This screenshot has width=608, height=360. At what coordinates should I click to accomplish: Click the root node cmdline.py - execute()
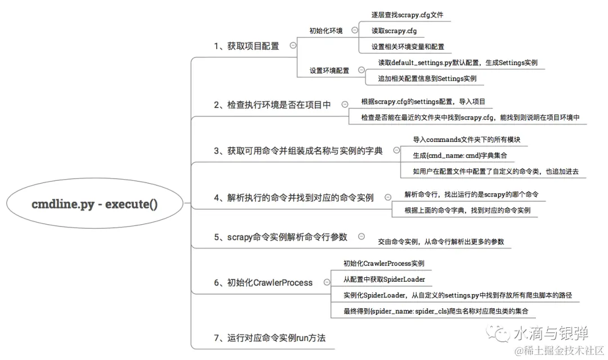pyautogui.click(x=95, y=204)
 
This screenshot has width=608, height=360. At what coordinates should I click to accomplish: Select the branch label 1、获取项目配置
pyautogui.click(x=246, y=46)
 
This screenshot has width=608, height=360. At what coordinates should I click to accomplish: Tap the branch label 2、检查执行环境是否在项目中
pyautogui.click(x=272, y=105)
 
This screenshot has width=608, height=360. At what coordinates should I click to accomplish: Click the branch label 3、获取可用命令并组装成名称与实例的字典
pyautogui.click(x=298, y=150)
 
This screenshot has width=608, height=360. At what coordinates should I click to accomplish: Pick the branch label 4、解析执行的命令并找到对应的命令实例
pyautogui.click(x=293, y=198)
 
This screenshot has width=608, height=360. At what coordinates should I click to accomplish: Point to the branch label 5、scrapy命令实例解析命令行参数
pyautogui.click(x=280, y=237)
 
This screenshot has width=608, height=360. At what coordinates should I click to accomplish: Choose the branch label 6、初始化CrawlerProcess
pyautogui.click(x=263, y=282)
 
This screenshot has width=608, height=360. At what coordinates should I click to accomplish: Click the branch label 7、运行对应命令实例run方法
pyautogui.click(x=269, y=338)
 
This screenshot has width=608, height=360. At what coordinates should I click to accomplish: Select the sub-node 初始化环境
pyautogui.click(x=326, y=31)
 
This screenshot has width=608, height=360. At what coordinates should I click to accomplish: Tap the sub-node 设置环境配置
pyautogui.click(x=329, y=70)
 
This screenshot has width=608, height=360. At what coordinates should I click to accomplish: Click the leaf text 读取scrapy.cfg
pyautogui.click(x=394, y=31)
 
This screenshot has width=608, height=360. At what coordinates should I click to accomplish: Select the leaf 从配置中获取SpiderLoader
pyautogui.click(x=385, y=279)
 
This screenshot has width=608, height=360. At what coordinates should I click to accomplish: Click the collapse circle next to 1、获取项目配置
pyautogui.click(x=293, y=46)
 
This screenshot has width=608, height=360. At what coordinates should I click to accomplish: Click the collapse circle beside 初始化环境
pyautogui.click(x=355, y=30)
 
